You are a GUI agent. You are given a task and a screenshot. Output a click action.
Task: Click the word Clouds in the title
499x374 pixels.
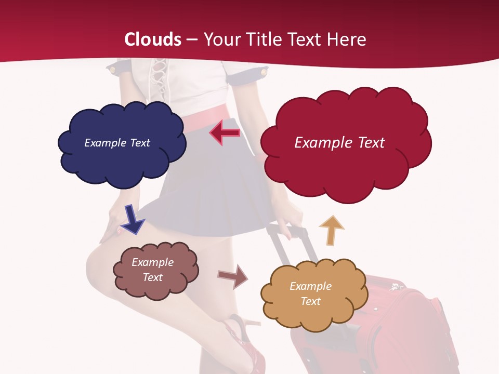pyautogui.click(x=153, y=39)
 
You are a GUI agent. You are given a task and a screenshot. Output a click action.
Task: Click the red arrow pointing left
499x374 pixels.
pyautogui.click(x=225, y=133)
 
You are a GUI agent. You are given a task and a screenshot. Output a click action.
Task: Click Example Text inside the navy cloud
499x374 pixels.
pyautogui.click(x=117, y=143)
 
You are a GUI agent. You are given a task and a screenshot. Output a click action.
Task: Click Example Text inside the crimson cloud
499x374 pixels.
pyautogui.click(x=339, y=143)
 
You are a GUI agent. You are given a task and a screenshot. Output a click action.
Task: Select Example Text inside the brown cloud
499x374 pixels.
pyautogui.click(x=153, y=270)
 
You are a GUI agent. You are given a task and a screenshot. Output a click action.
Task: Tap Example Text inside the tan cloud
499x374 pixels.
pyautogui.click(x=310, y=293)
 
